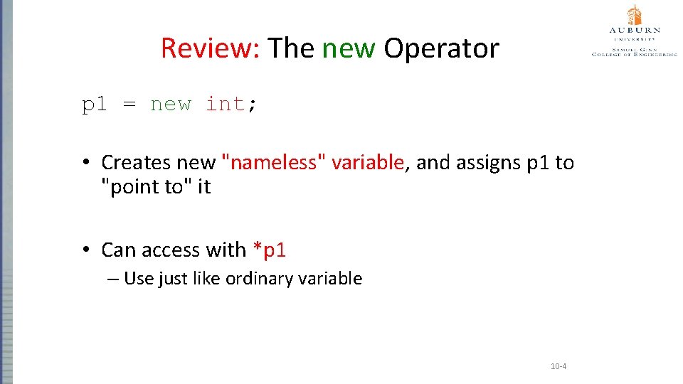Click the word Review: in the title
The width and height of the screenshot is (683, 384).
(211, 48)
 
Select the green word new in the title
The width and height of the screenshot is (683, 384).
(349, 48)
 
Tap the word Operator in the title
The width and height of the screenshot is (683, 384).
(441, 48)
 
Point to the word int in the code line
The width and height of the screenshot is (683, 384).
(224, 105)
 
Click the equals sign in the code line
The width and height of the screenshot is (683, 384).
(129, 105)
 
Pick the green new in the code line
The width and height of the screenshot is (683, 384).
(171, 105)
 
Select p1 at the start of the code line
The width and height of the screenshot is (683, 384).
(95, 105)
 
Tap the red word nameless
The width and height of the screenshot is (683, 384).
(275, 163)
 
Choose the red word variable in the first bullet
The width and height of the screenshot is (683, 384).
(368, 163)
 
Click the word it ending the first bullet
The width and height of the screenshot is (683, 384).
(204, 188)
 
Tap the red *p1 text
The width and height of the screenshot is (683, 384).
(269, 250)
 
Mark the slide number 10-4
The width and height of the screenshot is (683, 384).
(558, 367)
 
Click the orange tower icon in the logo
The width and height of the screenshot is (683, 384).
(634, 15)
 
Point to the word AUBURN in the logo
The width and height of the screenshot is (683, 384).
(634, 31)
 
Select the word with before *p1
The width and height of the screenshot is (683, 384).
(226, 250)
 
